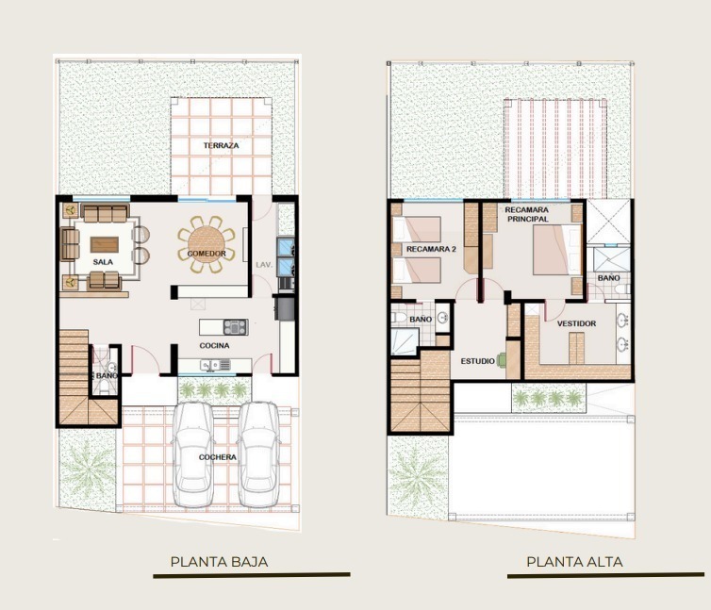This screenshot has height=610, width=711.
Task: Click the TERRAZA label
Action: [x=221, y=145]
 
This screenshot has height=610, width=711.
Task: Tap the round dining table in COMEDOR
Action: [x=207, y=244]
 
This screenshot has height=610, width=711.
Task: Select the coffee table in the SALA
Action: [x=105, y=244]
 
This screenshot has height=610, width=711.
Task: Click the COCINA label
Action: [x=214, y=346]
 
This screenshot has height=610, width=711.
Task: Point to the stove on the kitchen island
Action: [x=236, y=327]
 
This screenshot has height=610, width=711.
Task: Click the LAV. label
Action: [x=264, y=264]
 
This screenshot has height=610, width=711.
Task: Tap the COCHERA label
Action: [x=217, y=457]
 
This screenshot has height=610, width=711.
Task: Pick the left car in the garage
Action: [x=194, y=454]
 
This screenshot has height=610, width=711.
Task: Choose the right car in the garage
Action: [x=259, y=454]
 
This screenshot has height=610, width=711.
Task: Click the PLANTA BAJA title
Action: [x=219, y=562]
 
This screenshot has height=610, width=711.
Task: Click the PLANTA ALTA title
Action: [x=574, y=562]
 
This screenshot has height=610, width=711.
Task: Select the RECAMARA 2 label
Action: [x=431, y=249]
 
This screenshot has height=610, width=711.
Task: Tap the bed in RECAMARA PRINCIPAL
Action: [x=557, y=250]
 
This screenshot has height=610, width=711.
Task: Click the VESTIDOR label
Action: [x=576, y=323]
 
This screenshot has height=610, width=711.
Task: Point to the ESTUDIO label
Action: [x=477, y=361]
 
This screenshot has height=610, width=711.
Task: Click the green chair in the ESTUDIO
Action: [x=502, y=360]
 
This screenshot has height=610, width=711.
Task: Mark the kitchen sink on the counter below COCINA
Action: [x=211, y=365]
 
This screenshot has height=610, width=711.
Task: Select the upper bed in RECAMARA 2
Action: [x=417, y=229]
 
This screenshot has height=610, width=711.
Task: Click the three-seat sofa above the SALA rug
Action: [x=105, y=213]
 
